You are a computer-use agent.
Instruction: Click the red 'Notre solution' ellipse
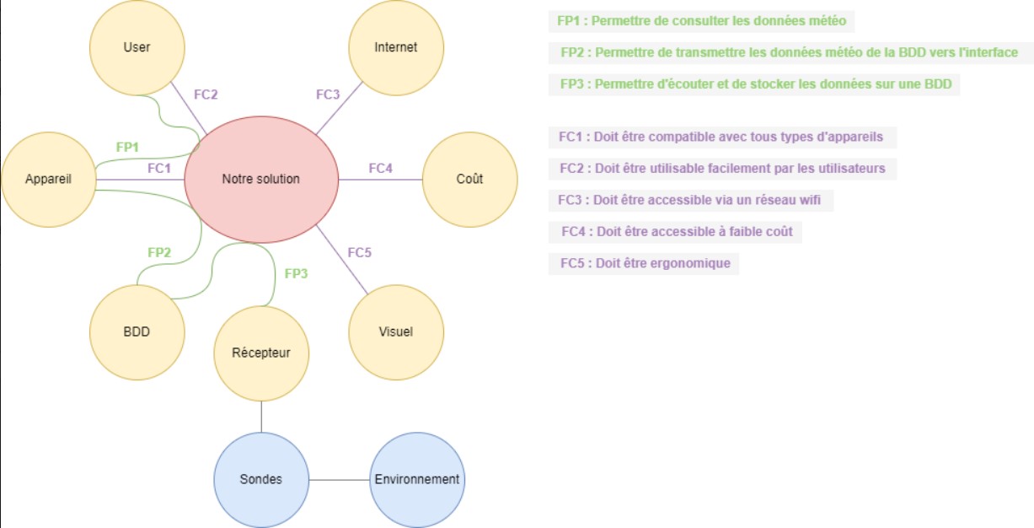[x=260, y=180]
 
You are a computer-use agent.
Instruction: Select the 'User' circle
[x=137, y=47]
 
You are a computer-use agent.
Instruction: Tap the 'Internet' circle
[x=395, y=47]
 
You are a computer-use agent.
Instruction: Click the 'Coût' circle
[x=469, y=180]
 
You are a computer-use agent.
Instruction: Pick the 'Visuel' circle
[x=395, y=331]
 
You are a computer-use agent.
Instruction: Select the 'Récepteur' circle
[x=261, y=353]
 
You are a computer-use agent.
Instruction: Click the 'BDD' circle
[x=137, y=331]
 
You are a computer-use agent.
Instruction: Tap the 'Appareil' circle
[x=48, y=180]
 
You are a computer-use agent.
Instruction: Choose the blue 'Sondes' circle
[x=260, y=479]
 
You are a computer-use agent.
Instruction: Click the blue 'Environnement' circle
[x=417, y=479]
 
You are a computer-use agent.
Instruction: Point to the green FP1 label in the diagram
[x=127, y=147]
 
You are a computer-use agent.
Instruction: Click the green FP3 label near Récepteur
[x=297, y=273]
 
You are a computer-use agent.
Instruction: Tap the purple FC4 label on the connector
[x=380, y=169]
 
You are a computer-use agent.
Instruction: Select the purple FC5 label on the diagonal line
[x=360, y=252]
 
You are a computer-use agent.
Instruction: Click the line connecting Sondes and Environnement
[x=339, y=480]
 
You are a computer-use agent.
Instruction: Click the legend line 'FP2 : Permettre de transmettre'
[x=789, y=52]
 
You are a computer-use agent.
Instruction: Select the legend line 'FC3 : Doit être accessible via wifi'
[x=690, y=201]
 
